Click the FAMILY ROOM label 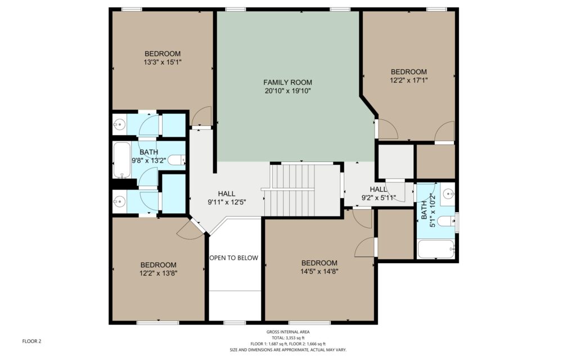pyautogui.click(x=287, y=82)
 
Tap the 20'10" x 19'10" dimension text pyautogui.click(x=287, y=91)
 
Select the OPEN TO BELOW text pyautogui.click(x=233, y=258)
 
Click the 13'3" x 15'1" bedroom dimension pyautogui.click(x=163, y=62)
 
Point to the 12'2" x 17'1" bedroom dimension pyautogui.click(x=409, y=80)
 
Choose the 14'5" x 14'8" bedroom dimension pyautogui.click(x=319, y=272)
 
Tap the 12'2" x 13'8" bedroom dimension pyautogui.click(x=158, y=273)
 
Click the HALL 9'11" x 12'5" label pyautogui.click(x=227, y=197)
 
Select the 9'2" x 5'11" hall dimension pyautogui.click(x=379, y=198)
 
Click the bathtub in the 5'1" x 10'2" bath pyautogui.click(x=436, y=249)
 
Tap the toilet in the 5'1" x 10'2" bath pyautogui.click(x=447, y=220)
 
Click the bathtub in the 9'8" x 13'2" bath pyautogui.click(x=121, y=160)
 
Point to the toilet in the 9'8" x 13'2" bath pyautogui.click(x=177, y=160)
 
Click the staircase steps pyautogui.click(x=293, y=190)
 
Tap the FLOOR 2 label pyautogui.click(x=31, y=341)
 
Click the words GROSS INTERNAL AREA pyautogui.click(x=288, y=332)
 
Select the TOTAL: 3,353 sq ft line pyautogui.click(x=288, y=338)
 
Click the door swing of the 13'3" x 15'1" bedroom pyautogui.click(x=202, y=116)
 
